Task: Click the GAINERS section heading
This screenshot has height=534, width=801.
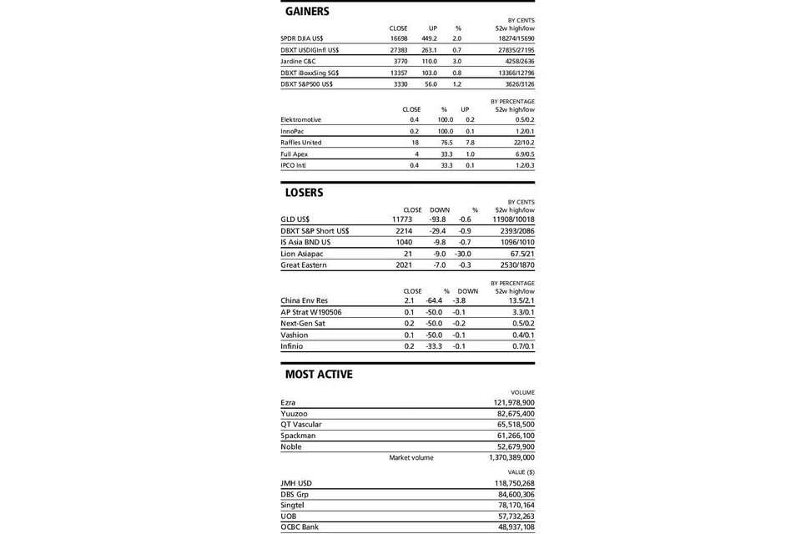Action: click(307, 12)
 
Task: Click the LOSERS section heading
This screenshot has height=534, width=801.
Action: click(304, 193)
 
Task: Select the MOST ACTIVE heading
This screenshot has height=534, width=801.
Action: click(319, 375)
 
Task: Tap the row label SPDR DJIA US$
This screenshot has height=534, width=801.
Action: click(302, 38)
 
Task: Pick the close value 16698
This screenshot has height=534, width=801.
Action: click(399, 38)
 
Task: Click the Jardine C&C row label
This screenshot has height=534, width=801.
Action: click(299, 61)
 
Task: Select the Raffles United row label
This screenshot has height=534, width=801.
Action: click(301, 143)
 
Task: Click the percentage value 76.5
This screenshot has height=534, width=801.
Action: click(446, 143)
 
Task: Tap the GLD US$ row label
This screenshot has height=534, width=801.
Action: click(295, 219)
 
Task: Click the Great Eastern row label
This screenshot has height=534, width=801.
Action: click(304, 265)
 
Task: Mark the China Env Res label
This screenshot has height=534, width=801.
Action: click(305, 300)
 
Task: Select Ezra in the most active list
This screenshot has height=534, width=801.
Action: click(288, 402)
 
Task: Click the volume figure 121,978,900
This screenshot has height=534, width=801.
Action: click(514, 402)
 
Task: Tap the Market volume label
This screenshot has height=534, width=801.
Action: click(411, 457)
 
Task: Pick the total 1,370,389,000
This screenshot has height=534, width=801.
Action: click(511, 457)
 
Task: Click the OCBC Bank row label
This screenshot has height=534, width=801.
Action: click(300, 527)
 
